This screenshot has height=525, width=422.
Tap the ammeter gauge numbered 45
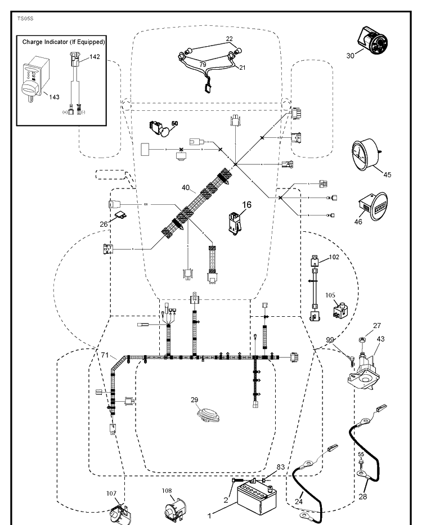[365, 155]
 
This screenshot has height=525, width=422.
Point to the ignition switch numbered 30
[372, 41]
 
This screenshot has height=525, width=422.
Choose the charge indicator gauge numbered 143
[34, 80]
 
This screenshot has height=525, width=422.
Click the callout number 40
[186, 188]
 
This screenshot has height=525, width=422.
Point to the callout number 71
[105, 355]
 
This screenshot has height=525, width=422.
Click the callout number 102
[334, 257]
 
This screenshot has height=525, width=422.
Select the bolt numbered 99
[351, 360]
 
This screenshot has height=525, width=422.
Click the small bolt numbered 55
[361, 464]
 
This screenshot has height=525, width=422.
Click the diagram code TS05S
[25, 19]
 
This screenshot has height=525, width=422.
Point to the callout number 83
[281, 466]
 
